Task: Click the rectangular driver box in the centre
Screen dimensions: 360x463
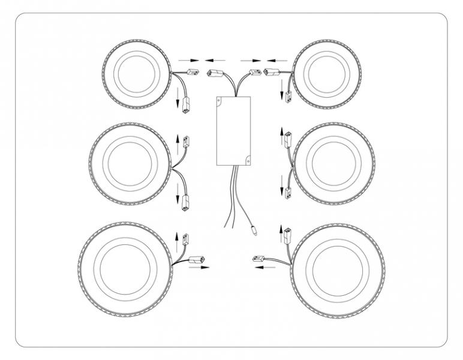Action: [x=233, y=131]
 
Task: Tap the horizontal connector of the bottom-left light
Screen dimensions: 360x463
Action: [x=197, y=260]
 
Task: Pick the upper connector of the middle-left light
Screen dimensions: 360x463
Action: [x=186, y=142]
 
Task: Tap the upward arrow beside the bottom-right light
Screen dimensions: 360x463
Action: [x=280, y=232]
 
